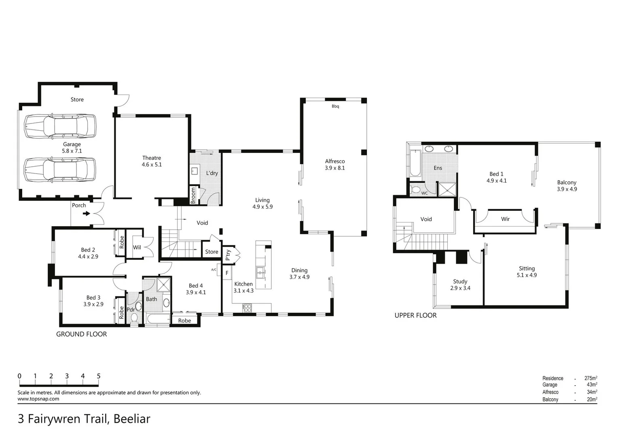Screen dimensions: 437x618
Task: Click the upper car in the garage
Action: coord(60,127)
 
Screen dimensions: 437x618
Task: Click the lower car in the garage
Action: coord(60,170)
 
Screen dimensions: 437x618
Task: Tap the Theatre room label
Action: coord(152,158)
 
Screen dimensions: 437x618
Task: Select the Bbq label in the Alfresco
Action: coord(335,106)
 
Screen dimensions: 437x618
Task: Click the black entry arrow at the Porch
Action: coord(87,213)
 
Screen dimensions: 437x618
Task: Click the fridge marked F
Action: coord(227,273)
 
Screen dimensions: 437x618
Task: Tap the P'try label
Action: coord(228,255)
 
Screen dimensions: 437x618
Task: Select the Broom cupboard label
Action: coord(193,195)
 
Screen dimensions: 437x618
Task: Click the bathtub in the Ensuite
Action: coord(415,163)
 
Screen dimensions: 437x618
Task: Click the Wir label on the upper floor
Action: coord(505,219)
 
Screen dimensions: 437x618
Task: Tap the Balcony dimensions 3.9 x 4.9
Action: coord(567,189)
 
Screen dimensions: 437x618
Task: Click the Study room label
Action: coord(460,281)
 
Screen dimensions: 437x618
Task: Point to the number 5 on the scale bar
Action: coord(99,376)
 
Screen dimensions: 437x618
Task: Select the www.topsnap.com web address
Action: coord(38,399)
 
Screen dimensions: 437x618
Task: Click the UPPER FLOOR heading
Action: coord(415,316)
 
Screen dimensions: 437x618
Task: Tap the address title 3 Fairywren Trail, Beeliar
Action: coord(84,419)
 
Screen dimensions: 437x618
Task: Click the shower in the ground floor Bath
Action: coord(164,285)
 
